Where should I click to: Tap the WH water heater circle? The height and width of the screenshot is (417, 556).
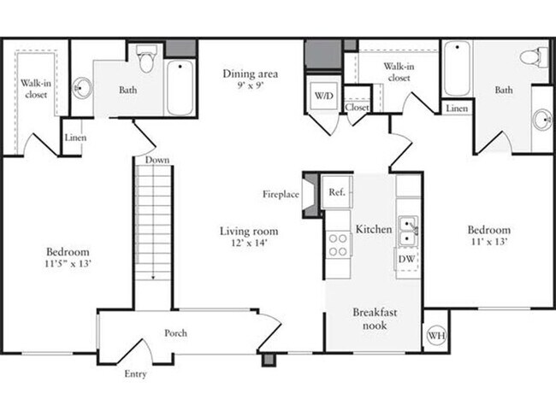tap(436, 337)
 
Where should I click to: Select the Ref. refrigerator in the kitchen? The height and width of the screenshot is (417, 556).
tap(337, 192)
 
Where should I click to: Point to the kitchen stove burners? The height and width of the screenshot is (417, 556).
tap(338, 244)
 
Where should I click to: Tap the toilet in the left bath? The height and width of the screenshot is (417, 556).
tap(145, 60)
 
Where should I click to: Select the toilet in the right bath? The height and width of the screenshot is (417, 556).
tap(534, 58)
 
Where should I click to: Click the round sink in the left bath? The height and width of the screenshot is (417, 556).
tap(82, 86)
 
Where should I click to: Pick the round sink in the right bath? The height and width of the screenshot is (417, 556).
tap(542, 120)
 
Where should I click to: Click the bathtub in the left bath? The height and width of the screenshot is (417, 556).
tap(180, 88)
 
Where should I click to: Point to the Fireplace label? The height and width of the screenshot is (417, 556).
tap(281, 195)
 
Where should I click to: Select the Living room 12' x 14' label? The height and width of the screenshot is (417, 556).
tap(249, 237)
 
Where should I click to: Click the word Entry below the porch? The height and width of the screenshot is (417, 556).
tap(135, 374)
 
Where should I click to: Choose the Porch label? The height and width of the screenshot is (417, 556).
tap(175, 333)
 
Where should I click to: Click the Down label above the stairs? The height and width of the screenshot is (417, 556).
tap(156, 160)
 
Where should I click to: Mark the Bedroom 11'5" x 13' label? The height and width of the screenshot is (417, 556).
tap(68, 258)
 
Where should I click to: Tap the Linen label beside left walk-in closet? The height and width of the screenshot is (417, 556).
tap(74, 138)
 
